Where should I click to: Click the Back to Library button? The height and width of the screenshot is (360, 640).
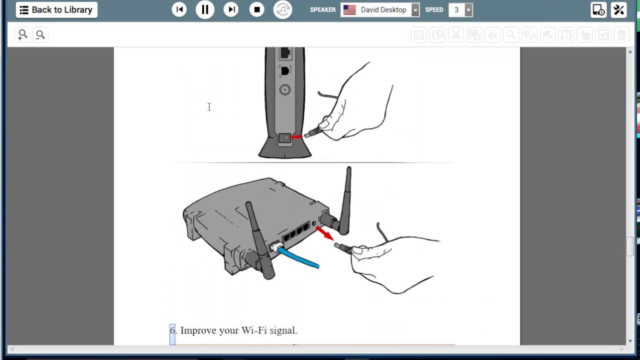coord(56,10)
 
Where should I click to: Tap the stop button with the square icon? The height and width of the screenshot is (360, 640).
coord(256,9)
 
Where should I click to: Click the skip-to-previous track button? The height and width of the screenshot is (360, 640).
coord(179,9)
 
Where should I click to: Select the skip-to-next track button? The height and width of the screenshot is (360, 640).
coord(231,9)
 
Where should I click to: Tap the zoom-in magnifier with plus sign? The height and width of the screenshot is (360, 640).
coord(22,35)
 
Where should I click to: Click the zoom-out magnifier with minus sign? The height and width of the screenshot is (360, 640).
coord(40,35)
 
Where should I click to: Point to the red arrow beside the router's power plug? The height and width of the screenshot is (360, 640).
coord(325,233)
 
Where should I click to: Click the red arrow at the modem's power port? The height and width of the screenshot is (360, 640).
coord(296,137)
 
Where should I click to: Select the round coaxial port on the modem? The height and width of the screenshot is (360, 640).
coord(285,89)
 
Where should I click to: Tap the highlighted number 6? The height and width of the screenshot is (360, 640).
coord(172,330)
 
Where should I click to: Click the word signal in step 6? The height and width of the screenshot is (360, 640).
coord(283,331)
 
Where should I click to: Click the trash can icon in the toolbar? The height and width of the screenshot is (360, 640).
coord(621,35)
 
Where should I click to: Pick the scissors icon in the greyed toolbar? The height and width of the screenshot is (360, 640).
coord(455,35)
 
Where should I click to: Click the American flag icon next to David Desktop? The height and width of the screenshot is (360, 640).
coord(349,10)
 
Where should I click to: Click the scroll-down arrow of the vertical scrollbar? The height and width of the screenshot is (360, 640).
coord(630,341)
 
